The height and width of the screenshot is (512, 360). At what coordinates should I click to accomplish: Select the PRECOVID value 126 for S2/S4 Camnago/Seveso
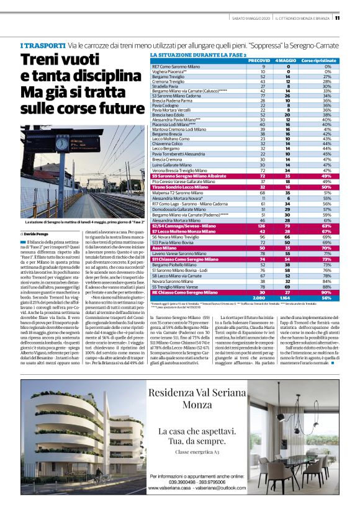coord(267,226)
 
